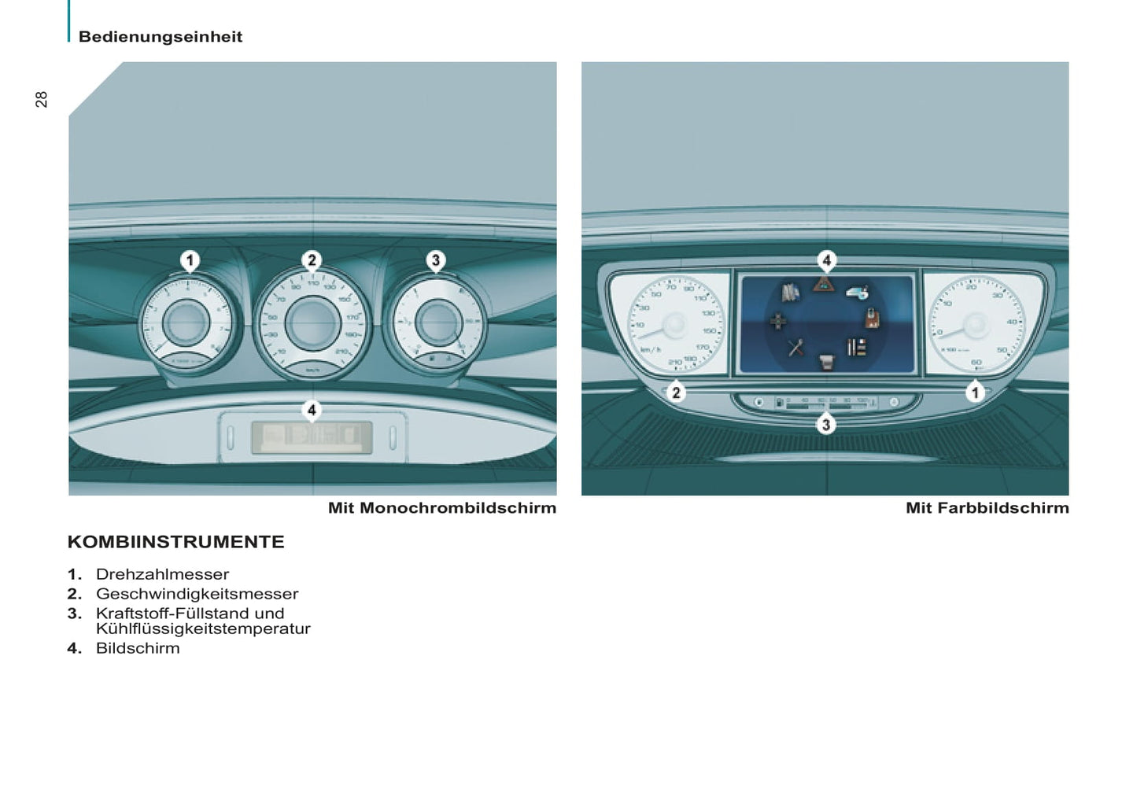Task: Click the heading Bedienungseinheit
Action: (161, 37)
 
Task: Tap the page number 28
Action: (42, 99)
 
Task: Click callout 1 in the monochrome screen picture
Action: (190, 260)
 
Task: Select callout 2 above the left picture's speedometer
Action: (312, 260)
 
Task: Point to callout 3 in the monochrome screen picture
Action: (435, 260)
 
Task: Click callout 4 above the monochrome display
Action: (312, 410)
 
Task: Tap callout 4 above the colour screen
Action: (825, 260)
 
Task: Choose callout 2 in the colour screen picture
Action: (676, 392)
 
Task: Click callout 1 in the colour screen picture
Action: (975, 392)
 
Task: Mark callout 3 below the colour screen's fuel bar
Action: (825, 425)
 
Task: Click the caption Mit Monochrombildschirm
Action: (441, 508)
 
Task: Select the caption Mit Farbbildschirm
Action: (987, 508)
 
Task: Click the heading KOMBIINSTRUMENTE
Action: (176, 542)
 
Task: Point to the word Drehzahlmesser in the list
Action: (162, 574)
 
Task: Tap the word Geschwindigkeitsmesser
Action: (197, 594)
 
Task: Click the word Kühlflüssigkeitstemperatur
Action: (203, 629)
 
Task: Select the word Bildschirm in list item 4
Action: (138, 648)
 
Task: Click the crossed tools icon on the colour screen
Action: (796, 347)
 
